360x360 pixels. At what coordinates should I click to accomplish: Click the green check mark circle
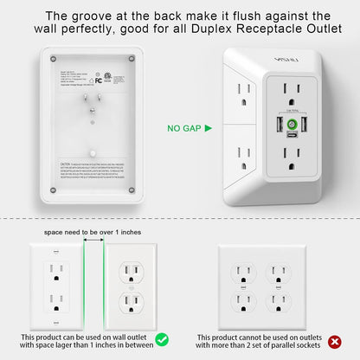(160, 339)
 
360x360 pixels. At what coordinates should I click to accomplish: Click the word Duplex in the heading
(201, 30)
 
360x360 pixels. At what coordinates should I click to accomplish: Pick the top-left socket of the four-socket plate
(243, 272)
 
